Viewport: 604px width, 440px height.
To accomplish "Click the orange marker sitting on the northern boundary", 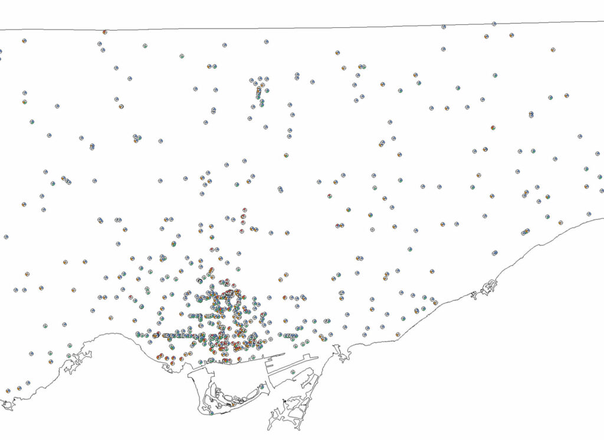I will point(104,32).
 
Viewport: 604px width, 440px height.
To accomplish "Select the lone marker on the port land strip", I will point(293,371).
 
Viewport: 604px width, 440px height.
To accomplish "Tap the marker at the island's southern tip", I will point(211,413).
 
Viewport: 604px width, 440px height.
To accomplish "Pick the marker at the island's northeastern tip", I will point(261,386).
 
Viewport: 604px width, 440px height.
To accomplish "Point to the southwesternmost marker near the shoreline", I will point(8,391).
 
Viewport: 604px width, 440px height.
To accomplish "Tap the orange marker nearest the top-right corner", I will point(553,50).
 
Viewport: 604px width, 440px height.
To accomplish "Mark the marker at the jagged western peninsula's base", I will point(70,354).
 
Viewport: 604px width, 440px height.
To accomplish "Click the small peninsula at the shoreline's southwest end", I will point(7,405).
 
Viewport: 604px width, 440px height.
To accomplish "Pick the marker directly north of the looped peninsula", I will point(494,253).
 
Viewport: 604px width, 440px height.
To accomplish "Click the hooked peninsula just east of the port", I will point(341,353).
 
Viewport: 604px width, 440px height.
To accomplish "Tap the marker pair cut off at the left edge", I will point(0,55).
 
